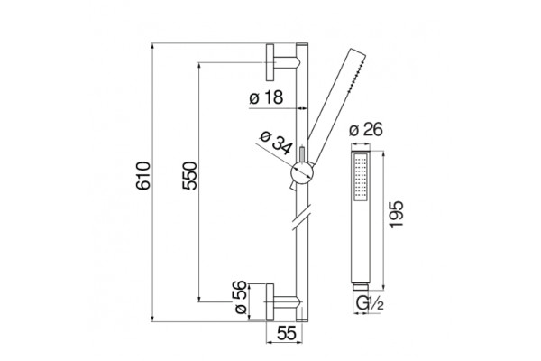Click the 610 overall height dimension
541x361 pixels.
(x=143, y=175)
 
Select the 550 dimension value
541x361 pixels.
(x=189, y=175)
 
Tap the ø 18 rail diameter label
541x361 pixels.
(x=266, y=97)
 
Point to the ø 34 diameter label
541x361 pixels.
(x=277, y=143)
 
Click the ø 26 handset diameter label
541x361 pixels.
(x=366, y=130)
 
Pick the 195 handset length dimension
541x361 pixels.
(x=396, y=214)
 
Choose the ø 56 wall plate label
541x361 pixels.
(x=241, y=297)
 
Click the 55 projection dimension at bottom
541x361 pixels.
(x=287, y=334)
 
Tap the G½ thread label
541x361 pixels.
(x=370, y=303)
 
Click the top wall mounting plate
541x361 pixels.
(x=270, y=62)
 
